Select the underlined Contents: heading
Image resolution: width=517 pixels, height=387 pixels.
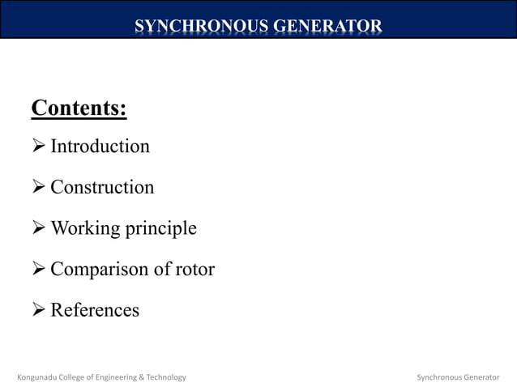(x=79, y=108)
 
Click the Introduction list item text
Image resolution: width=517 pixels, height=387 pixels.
(x=100, y=147)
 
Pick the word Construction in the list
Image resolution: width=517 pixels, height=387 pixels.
(x=102, y=188)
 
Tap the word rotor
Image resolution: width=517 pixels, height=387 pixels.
(x=195, y=270)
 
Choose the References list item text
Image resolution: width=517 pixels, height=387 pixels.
(x=95, y=310)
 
